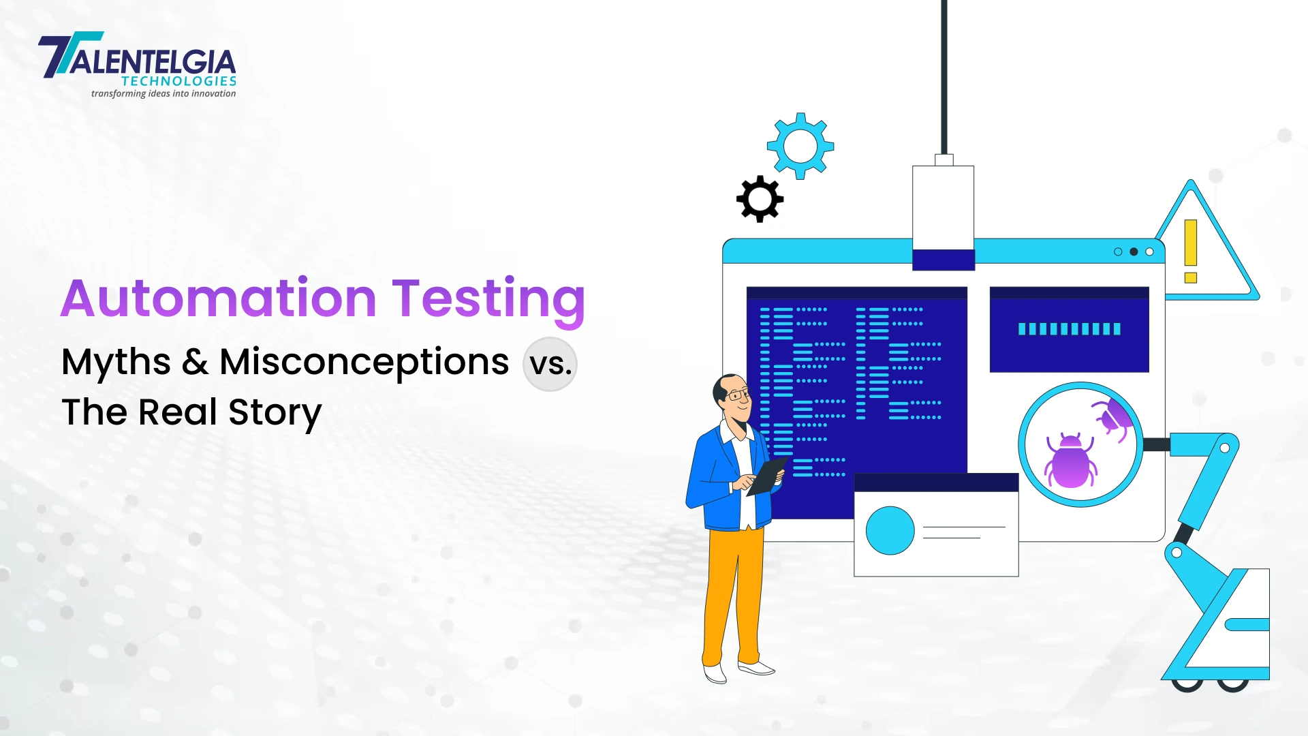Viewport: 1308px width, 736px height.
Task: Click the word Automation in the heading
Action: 219,298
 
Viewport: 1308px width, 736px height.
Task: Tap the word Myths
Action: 116,362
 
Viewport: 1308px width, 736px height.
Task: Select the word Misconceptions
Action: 364,362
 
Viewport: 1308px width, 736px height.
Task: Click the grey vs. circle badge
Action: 550,364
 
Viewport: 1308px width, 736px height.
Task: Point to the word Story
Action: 275,413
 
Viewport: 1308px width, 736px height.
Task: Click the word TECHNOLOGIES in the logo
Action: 179,81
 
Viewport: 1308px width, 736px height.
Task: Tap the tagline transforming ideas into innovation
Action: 163,93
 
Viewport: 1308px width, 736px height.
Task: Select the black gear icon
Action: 760,199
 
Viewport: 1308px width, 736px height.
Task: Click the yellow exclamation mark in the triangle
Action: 1191,251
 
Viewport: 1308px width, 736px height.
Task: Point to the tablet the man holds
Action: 768,476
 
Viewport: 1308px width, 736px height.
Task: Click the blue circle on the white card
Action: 890,530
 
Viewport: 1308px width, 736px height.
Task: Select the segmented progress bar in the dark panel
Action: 1070,329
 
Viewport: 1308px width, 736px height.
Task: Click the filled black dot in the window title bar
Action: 1134,251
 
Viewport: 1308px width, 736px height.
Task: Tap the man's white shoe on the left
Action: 715,674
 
